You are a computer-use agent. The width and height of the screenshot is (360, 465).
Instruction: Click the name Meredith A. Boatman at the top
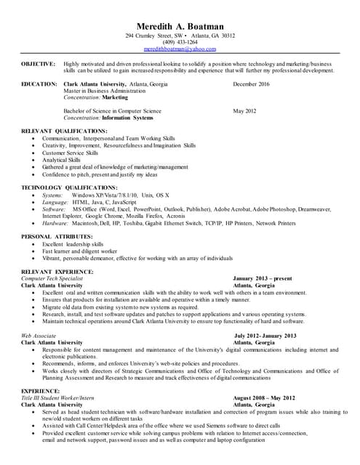180,25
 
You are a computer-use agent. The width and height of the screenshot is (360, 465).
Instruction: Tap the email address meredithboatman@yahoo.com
180,49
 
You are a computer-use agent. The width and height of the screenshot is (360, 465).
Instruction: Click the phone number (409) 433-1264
180,42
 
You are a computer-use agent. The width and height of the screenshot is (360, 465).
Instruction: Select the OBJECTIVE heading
38,64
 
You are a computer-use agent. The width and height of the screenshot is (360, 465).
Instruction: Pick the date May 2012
244,110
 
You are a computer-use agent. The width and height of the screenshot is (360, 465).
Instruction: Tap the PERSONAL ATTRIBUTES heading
56,237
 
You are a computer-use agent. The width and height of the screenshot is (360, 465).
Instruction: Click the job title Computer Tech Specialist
52,278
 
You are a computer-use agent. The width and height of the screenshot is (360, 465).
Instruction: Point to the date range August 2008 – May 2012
264,398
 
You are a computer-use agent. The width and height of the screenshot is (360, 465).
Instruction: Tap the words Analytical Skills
61,160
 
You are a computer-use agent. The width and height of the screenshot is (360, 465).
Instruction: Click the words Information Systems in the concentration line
127,117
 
